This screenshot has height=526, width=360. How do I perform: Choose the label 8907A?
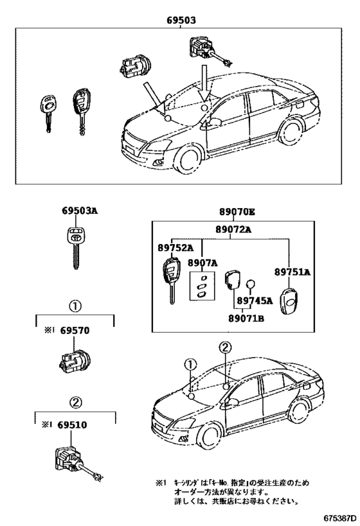203,263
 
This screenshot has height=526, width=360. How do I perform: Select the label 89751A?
292,272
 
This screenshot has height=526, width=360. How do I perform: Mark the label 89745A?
254,300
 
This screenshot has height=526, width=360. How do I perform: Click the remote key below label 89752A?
171,276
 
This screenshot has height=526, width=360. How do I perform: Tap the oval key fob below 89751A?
292,299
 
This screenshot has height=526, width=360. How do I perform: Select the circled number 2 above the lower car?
224,347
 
